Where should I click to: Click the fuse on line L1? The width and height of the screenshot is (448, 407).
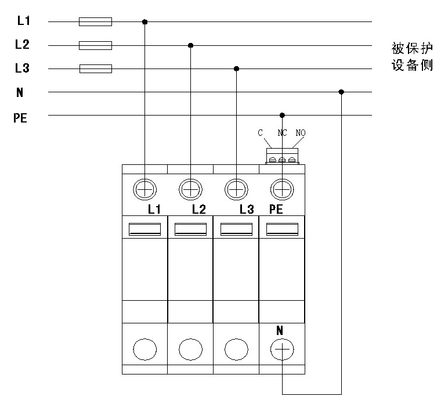point(95,22)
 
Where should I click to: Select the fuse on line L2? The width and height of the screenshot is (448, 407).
point(95,45)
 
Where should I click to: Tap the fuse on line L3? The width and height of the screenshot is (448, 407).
point(95,69)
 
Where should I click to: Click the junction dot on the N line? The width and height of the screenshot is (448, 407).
point(341,92)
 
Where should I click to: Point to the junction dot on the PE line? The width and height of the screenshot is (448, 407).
point(282,115)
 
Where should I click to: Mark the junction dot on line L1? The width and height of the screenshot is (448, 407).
point(144,22)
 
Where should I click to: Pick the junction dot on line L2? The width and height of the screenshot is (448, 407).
point(190,45)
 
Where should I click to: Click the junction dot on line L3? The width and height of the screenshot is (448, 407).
point(236,69)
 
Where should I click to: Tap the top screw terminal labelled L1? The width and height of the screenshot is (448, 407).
point(144,189)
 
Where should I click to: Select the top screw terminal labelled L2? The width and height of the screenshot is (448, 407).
point(190,189)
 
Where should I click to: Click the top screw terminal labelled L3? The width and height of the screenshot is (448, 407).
point(236,189)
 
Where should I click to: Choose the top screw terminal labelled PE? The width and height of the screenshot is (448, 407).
point(282,189)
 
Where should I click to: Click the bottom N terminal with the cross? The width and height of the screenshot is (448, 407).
point(282,350)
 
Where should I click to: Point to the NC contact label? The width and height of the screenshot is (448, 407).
point(283,133)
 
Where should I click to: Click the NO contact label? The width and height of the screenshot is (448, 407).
point(300,133)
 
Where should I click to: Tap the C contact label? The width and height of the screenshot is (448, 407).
point(261,133)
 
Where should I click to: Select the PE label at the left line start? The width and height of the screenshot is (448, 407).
point(20,118)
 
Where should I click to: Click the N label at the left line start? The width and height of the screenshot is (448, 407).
point(20,92)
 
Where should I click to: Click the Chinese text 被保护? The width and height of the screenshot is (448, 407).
point(412,47)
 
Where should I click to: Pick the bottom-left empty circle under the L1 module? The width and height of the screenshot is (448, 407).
point(144,350)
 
